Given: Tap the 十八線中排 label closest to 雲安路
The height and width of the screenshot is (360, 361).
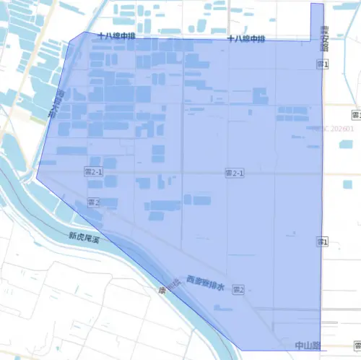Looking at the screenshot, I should [x=246, y=38].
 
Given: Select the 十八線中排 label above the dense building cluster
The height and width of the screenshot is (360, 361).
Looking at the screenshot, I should [x=116, y=35].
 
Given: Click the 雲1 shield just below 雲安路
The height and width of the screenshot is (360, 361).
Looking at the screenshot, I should [x=323, y=65].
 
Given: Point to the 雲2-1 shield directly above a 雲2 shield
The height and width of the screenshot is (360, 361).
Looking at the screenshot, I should [x=94, y=172].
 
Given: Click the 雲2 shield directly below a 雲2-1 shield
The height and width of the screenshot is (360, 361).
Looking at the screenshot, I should [x=93, y=202].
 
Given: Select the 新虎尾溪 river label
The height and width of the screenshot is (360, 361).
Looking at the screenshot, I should [x=83, y=236].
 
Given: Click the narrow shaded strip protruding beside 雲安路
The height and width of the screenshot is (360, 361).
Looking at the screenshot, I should [x=317, y=22].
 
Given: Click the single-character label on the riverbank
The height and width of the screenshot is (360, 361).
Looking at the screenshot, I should [x=162, y=291].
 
